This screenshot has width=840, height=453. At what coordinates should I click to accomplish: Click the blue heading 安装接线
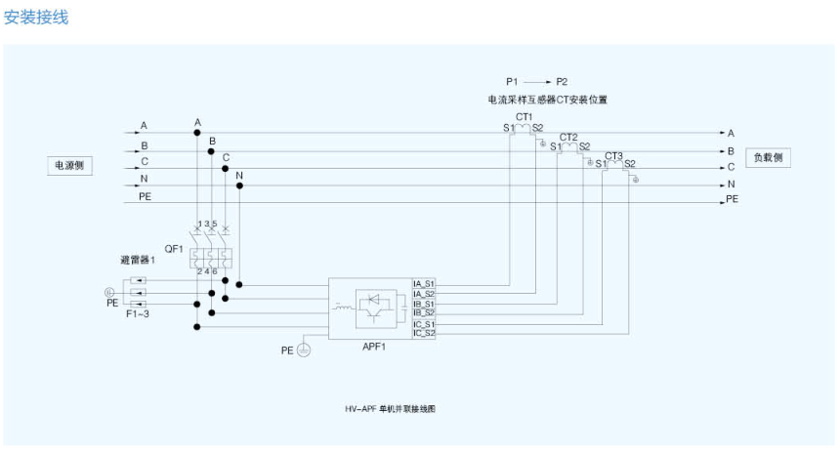tap(36, 17)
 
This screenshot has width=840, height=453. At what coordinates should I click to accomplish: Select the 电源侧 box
tap(69, 165)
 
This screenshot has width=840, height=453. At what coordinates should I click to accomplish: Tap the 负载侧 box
tap(767, 157)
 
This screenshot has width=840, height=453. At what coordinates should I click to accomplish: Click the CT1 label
tap(524, 116)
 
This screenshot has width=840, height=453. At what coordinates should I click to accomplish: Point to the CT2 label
tap(568, 137)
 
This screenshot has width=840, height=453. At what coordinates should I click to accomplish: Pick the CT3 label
tap(613, 155)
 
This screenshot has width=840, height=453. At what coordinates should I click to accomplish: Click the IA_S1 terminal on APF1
tap(424, 283)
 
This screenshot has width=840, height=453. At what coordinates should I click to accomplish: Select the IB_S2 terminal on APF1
tap(424, 312)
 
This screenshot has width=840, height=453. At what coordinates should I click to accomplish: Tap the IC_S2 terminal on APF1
tap(424, 333)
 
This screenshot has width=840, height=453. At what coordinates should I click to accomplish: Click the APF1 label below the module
tap(375, 348)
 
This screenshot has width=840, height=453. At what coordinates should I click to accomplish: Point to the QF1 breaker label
tap(173, 249)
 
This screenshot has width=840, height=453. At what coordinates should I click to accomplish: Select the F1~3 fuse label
tap(138, 314)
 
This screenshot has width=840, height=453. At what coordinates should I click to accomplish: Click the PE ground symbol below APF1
tap(304, 350)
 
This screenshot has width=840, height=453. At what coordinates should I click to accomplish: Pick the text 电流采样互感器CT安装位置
tap(548, 100)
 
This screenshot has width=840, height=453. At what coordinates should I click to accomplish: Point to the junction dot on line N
tap(238, 185)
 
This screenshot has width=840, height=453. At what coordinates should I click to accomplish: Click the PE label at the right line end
tap(733, 199)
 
